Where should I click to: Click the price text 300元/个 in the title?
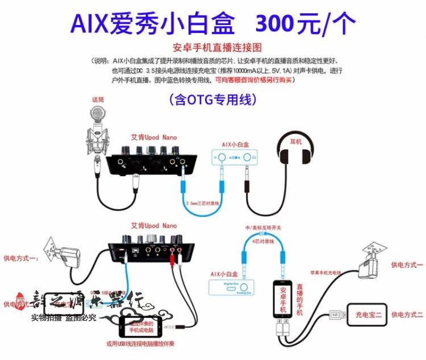pos(307,24)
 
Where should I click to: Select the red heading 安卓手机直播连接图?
pos(212,48)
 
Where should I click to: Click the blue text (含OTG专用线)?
pos(212,100)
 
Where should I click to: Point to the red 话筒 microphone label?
pos(99,99)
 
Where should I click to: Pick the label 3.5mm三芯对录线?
pos(202,201)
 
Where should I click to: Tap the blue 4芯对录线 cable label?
pos(261,241)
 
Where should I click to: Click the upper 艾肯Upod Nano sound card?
pos(153,162)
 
